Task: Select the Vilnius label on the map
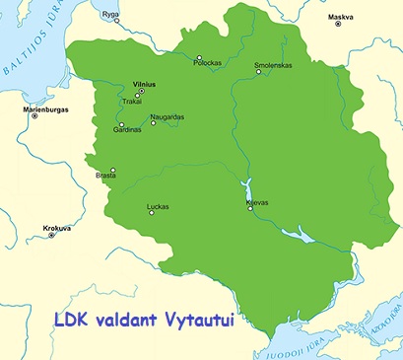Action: click(144, 85)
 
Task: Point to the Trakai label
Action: click(132, 101)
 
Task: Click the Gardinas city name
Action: click(128, 130)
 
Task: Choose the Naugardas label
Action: click(167, 116)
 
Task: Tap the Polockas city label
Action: click(207, 63)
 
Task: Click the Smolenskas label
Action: click(272, 66)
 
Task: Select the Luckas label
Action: click(158, 207)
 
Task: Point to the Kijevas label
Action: click(257, 202)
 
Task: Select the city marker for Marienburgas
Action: click(34, 116)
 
